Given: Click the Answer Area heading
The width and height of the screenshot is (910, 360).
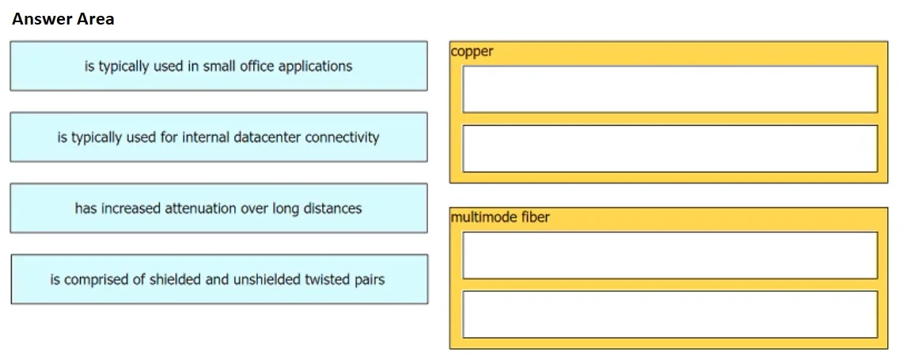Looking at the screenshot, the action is [63, 19].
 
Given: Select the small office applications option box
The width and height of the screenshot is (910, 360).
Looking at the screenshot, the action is [218, 66].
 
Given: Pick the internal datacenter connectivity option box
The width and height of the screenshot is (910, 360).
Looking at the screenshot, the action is [218, 137].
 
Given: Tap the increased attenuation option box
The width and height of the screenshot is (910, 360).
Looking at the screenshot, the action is [218, 208].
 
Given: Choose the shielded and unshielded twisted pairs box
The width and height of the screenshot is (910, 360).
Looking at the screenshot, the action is [219, 279].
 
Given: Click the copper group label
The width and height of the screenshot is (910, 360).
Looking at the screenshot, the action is [472, 51].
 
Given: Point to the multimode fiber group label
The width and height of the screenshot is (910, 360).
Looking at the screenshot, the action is [499, 217].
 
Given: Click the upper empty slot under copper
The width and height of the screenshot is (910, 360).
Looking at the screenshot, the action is [669, 89].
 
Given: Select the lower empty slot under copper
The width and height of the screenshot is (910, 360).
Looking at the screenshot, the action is [669, 149].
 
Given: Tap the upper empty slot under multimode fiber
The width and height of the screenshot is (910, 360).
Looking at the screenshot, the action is [669, 255].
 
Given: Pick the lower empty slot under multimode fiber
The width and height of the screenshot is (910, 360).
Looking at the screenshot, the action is [669, 314].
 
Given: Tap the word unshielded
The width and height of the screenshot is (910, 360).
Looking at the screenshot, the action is [267, 279].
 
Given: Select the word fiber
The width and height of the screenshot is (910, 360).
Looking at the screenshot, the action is [535, 217].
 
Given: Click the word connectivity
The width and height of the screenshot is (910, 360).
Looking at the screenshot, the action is [342, 138].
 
